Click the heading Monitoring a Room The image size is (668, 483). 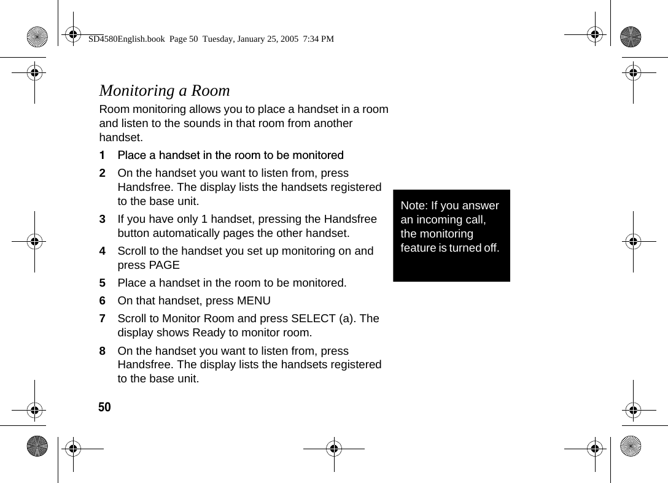click(x=165, y=91)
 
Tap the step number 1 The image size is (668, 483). click(x=103, y=155)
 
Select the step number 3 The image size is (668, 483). click(x=103, y=219)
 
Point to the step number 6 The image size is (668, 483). click(x=103, y=301)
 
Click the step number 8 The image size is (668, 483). click(x=103, y=351)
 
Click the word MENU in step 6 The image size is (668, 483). click(x=254, y=301)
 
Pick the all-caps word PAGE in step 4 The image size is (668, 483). click(x=164, y=265)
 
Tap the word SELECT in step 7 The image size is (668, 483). click(x=313, y=319)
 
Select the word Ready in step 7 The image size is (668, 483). click(x=209, y=333)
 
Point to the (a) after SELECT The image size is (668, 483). click(x=346, y=319)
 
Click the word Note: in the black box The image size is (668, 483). click(x=414, y=206)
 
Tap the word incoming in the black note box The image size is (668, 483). click(x=438, y=220)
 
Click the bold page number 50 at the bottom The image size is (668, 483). click(x=105, y=408)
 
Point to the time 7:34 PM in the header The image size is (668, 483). click(x=319, y=39)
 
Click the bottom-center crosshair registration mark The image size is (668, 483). click(x=334, y=449)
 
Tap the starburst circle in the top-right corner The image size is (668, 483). click(x=630, y=37)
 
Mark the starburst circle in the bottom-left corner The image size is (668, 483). click(x=37, y=446)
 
